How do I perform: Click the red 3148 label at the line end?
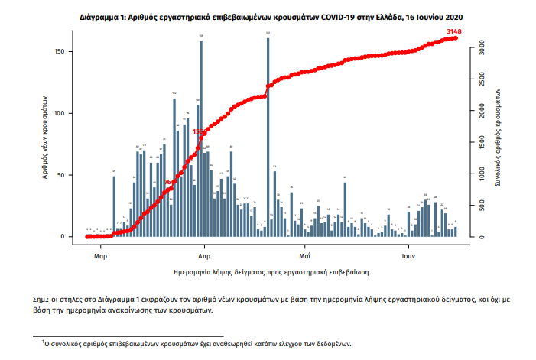(x=453, y=31)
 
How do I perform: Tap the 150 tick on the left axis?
(x=69, y=51)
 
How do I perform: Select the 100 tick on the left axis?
(x=69, y=113)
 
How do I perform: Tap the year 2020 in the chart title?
(x=451, y=15)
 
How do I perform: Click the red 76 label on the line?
(x=168, y=182)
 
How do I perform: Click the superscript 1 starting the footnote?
(x=43, y=342)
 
